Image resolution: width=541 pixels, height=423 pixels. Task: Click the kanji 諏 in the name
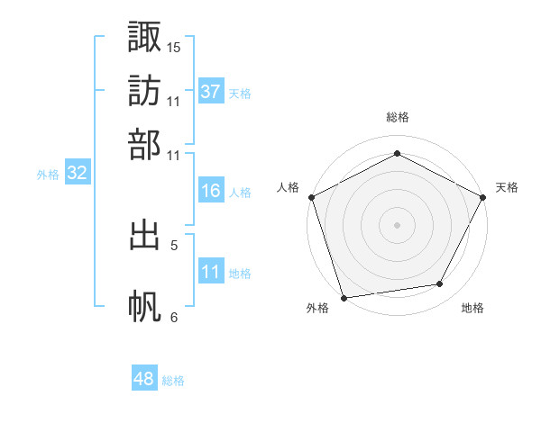(144, 38)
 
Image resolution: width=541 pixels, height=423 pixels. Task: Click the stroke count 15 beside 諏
(174, 47)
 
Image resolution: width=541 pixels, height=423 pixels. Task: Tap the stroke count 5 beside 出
(174, 244)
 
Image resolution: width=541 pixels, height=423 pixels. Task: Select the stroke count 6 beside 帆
(174, 317)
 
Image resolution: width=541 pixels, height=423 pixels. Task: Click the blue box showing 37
(210, 92)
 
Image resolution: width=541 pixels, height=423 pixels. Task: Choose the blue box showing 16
(210, 191)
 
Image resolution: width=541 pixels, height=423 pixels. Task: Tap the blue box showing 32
(77, 174)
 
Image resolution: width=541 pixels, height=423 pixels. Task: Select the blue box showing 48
(143, 379)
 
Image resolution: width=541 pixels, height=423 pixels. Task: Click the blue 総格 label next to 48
(173, 381)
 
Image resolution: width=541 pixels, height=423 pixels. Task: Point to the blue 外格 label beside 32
(48, 175)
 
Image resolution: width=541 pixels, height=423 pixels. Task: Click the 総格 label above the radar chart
(397, 117)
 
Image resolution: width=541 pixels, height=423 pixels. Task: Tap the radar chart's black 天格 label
(507, 187)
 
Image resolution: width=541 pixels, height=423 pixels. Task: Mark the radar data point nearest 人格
(311, 196)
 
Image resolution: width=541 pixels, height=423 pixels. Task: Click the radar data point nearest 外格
(344, 297)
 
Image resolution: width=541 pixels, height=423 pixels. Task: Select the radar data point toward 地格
(440, 284)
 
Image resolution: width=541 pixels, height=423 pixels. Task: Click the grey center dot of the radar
(397, 224)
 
